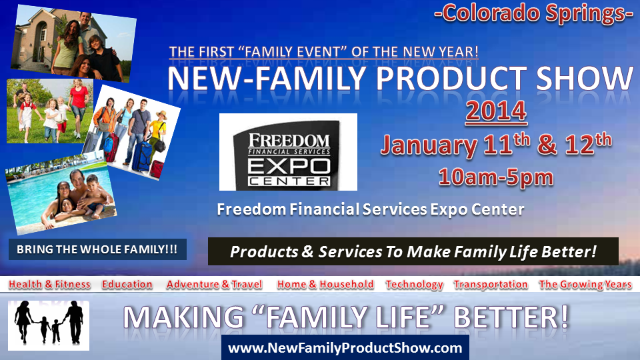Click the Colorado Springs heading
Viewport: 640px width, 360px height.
tap(533, 14)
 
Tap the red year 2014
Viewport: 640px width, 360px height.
tap(496, 111)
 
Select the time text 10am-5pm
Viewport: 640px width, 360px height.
tap(496, 177)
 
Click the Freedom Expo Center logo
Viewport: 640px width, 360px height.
tap(288, 152)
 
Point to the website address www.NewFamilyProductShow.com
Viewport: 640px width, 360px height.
tap(345, 348)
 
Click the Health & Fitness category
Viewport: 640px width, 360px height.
tap(49, 284)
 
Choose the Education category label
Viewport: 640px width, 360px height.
tap(127, 284)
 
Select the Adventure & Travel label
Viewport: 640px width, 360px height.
tap(214, 284)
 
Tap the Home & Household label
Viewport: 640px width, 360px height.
tap(325, 284)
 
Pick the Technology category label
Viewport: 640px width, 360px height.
tap(414, 285)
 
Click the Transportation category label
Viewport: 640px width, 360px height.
tap(491, 284)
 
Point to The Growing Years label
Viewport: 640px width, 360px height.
tap(585, 285)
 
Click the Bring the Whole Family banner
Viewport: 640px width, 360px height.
tap(97, 249)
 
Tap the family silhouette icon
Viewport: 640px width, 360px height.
tap(49, 325)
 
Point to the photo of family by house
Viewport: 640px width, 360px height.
tap(73, 44)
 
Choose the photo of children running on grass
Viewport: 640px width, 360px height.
tap(50, 111)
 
